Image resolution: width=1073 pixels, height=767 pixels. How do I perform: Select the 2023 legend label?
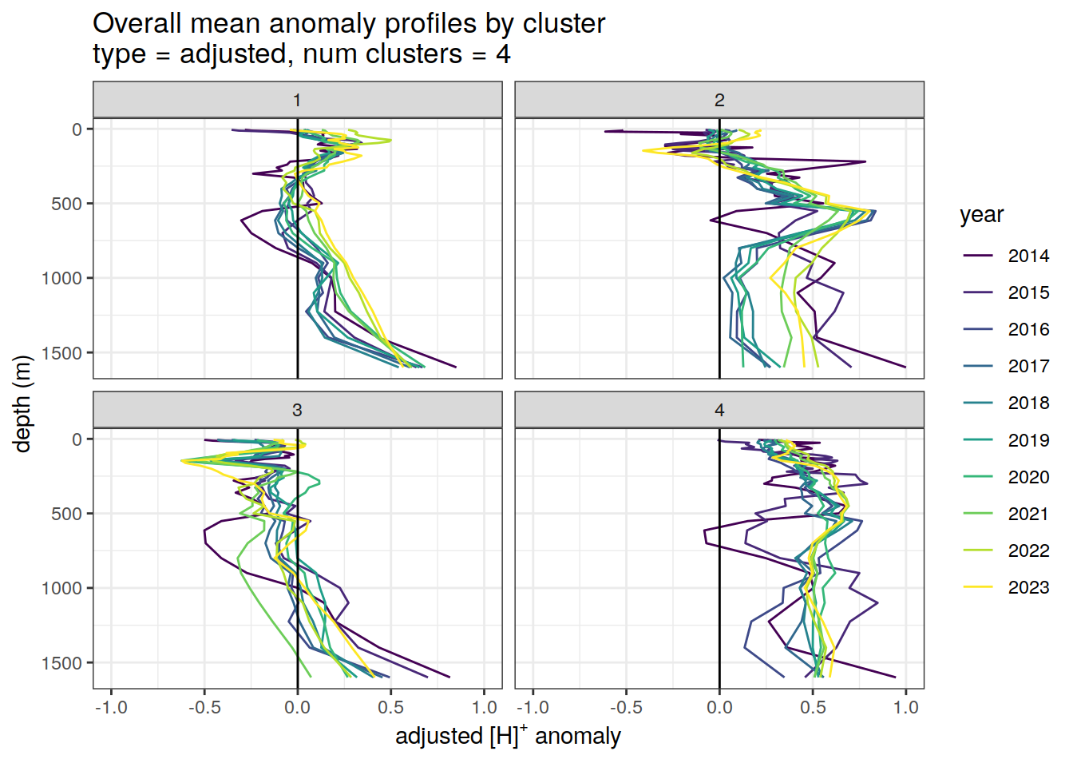click(x=1027, y=587)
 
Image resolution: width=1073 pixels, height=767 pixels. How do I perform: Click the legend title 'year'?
click(x=981, y=215)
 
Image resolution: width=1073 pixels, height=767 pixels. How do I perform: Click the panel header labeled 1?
click(x=297, y=100)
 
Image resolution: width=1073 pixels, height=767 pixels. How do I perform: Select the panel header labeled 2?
click(x=719, y=100)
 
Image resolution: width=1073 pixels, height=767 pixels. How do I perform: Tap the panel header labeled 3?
click(x=297, y=410)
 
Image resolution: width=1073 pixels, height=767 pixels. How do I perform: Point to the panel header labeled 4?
click(x=719, y=410)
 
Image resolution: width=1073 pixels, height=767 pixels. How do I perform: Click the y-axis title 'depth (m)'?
click(x=22, y=403)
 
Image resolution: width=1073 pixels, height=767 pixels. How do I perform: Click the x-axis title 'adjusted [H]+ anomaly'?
click(x=508, y=736)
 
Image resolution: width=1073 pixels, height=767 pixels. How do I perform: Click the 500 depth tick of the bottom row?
click(x=66, y=514)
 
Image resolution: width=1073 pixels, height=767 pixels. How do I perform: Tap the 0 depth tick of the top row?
click(x=77, y=129)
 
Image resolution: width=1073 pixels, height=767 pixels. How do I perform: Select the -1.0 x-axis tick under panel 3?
click(x=111, y=708)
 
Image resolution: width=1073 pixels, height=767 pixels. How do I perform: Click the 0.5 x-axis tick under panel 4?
click(x=813, y=708)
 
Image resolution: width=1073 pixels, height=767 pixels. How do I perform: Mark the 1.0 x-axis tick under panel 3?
click(x=485, y=708)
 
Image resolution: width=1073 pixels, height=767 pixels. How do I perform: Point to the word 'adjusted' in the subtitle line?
click(x=233, y=54)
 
